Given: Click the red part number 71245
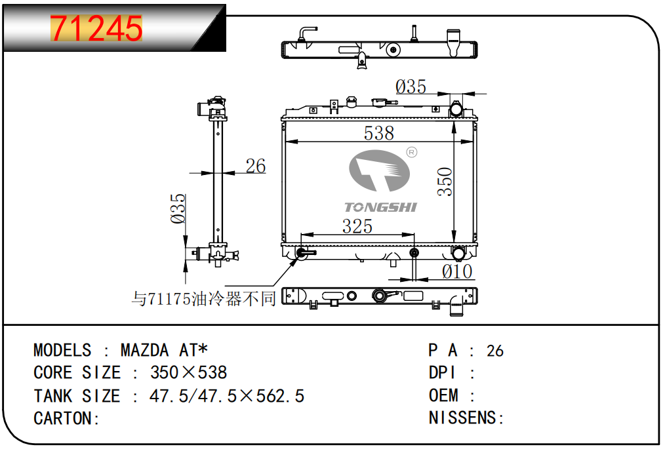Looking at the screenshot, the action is tap(96, 28).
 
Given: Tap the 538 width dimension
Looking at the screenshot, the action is tap(378, 133).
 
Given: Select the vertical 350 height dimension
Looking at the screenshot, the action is tap(445, 182).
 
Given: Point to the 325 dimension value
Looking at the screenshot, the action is tap(357, 226).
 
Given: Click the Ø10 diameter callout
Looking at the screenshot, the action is tap(456, 271).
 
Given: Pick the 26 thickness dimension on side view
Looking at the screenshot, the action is tap(256, 166).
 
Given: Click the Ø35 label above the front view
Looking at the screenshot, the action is tap(411, 87).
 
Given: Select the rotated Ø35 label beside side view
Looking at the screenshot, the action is tap(178, 208).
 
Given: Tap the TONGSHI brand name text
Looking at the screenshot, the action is tap(380, 207).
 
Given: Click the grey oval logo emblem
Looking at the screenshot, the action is tap(379, 170).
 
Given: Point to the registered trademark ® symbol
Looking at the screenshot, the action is tap(411, 152).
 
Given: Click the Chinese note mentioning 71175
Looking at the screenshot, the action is tap(203, 299).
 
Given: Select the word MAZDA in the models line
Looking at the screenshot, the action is tap(145, 351).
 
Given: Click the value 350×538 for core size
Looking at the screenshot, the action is tap(189, 372).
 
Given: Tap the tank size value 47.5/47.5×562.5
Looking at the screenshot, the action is tap(227, 396).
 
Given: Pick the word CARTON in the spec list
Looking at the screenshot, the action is tap(62, 418).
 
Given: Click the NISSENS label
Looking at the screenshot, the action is tap(462, 418).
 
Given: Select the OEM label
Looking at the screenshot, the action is tap(443, 395).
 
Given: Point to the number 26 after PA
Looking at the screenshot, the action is tap(495, 351).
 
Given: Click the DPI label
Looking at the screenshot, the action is tap(442, 373).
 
